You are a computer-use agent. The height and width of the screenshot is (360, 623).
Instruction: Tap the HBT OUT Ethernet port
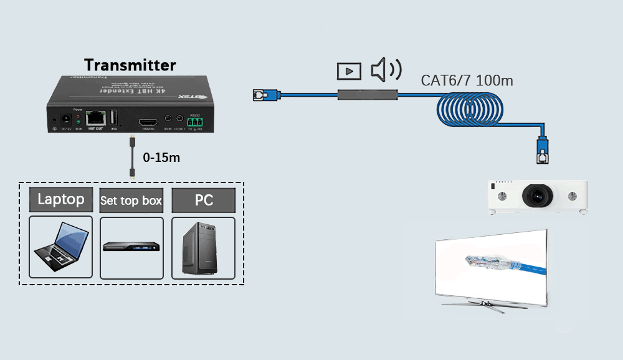coord(95,116)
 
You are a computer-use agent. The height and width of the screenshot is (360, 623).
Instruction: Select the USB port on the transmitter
coord(114,117)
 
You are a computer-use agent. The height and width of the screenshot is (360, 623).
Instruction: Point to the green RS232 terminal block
coord(196,120)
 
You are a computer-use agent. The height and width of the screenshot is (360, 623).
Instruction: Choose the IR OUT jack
coord(179,118)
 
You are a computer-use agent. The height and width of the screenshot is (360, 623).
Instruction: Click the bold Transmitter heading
coord(130,65)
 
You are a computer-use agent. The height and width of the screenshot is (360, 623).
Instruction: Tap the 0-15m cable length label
coord(161,158)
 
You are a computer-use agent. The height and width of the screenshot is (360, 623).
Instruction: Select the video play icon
coord(349,71)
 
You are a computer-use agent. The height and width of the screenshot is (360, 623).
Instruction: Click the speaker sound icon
coord(386,70)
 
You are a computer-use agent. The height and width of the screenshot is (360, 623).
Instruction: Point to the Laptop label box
coord(61,200)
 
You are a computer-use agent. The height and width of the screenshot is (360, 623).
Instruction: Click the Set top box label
coord(131,201)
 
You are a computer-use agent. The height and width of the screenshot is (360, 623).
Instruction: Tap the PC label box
coord(204,201)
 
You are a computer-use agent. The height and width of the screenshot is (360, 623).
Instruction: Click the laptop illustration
coord(60,247)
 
